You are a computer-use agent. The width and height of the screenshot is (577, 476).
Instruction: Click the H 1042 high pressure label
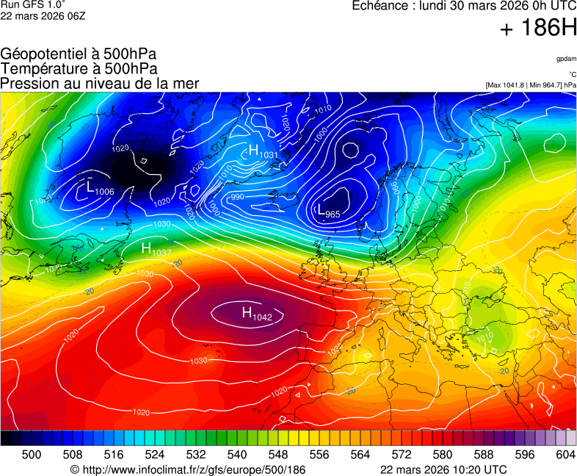[257, 314]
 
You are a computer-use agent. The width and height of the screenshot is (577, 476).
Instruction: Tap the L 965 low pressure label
[327, 212]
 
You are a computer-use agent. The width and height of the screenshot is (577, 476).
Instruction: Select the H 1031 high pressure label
[263, 152]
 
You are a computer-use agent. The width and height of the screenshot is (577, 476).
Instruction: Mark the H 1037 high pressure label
[156, 249]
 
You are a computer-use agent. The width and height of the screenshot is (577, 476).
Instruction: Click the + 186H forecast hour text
[539, 29]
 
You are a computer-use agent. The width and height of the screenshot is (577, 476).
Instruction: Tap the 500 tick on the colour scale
[32, 455]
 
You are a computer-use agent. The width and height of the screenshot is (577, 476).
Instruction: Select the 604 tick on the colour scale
[565, 455]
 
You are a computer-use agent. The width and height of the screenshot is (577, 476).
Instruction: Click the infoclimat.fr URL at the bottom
[187, 469]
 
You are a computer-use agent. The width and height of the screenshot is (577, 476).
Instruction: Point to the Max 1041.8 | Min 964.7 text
[531, 85]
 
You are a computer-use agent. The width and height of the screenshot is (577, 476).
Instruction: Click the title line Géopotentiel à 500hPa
[79, 54]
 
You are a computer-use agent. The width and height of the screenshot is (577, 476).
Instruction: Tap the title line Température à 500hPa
[79, 68]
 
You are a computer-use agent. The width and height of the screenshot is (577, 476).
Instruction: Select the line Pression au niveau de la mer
[100, 83]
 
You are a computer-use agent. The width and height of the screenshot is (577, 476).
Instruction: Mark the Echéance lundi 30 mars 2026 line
[464, 6]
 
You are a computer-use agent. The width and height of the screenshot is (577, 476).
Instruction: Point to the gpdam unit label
[566, 58]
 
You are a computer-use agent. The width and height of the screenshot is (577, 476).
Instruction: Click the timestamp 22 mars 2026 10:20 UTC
[443, 469]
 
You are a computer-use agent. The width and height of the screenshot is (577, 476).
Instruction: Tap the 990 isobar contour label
[237, 197]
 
